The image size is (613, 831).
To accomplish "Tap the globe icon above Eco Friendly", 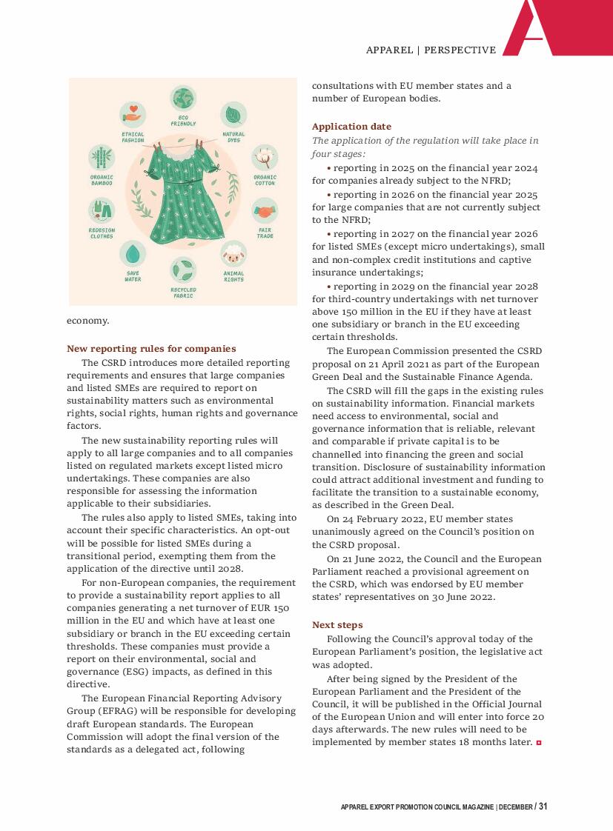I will (x=183, y=99).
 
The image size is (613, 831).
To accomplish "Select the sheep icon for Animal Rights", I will (x=233, y=254).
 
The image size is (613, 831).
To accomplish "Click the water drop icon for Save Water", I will (x=133, y=254).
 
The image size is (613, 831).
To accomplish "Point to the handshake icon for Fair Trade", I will (x=265, y=211).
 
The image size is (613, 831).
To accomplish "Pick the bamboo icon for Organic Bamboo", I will (x=102, y=157).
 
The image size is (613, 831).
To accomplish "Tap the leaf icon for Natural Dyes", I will (x=233, y=115).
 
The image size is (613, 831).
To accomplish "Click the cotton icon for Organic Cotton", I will (x=265, y=157).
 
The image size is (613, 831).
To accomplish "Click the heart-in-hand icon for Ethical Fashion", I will (x=133, y=115).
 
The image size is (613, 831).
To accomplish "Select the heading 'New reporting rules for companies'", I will (x=151, y=349).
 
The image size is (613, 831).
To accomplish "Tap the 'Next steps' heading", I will (x=337, y=625).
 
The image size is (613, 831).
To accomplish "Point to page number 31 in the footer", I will (x=543, y=807).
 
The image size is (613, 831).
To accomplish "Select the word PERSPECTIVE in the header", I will (x=461, y=50).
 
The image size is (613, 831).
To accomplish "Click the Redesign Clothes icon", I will (x=102, y=211).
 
